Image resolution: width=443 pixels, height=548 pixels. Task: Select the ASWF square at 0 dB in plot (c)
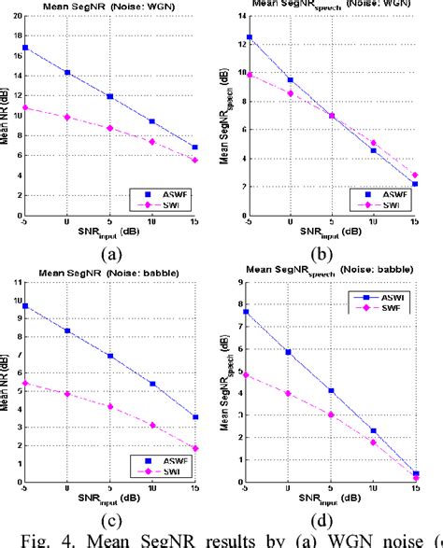(67, 330)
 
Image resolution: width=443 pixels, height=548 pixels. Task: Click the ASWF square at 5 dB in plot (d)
(331, 390)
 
